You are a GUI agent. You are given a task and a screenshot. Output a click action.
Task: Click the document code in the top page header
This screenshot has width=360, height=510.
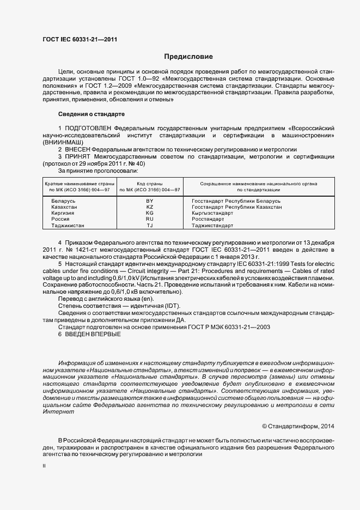coord(80,40)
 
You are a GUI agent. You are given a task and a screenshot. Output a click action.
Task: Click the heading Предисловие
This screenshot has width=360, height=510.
coord(188,57)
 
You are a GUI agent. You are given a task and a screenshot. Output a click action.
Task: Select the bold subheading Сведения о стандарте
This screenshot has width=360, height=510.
coord(91,114)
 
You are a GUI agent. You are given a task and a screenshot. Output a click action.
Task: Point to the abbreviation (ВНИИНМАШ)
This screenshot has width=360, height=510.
coord(64,141)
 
